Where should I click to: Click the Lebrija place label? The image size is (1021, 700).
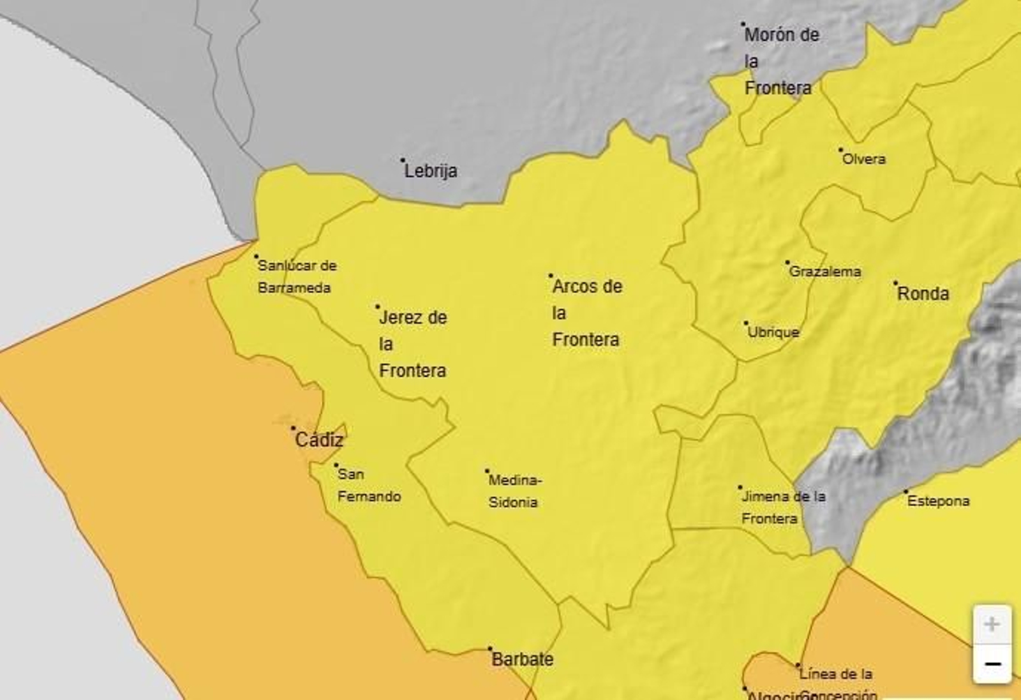[x=431, y=171]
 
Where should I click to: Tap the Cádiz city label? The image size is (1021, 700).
[x=319, y=440]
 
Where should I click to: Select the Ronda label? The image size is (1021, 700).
[x=923, y=294]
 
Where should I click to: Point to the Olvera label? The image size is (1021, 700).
[x=864, y=159]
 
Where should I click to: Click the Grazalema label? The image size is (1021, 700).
[x=825, y=272]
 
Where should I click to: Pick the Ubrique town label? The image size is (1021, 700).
[x=773, y=332]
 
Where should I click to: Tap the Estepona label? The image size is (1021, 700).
[x=938, y=502]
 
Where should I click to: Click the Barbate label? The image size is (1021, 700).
[x=522, y=659]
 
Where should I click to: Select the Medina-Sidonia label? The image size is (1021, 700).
[x=514, y=491]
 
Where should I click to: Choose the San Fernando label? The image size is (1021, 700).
[x=368, y=486]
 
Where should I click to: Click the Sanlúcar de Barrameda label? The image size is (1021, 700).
[x=296, y=276]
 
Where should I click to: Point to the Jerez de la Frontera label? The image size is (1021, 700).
[x=412, y=344]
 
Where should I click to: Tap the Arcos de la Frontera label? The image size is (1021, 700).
[x=586, y=313]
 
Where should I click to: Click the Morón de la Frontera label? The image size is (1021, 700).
[x=780, y=61]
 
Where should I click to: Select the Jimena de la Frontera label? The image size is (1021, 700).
[x=782, y=507]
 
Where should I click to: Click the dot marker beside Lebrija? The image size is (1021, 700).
[x=403, y=160]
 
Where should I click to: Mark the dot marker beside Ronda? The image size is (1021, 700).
[x=895, y=283]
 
